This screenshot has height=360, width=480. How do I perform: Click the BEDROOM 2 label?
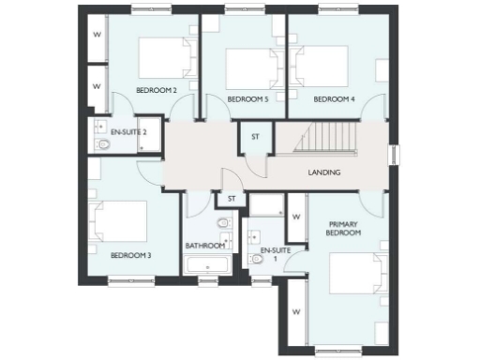(x=157, y=90)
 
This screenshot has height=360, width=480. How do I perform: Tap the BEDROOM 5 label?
(x=247, y=98)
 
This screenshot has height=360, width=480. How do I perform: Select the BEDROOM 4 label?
(x=333, y=98)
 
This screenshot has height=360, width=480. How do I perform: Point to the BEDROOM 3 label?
(x=131, y=254)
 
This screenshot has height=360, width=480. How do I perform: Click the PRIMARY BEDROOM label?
(x=344, y=229)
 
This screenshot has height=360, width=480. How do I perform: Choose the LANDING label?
(x=324, y=172)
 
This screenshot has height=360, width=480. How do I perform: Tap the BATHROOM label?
(x=204, y=246)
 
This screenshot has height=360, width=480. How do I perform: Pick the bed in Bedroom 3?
(x=118, y=223)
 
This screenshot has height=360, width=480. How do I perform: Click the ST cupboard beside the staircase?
(x=254, y=137)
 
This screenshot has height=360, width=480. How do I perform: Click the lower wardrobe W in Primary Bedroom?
(x=294, y=312)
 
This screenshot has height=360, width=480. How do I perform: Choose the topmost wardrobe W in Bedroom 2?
(x=97, y=37)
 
